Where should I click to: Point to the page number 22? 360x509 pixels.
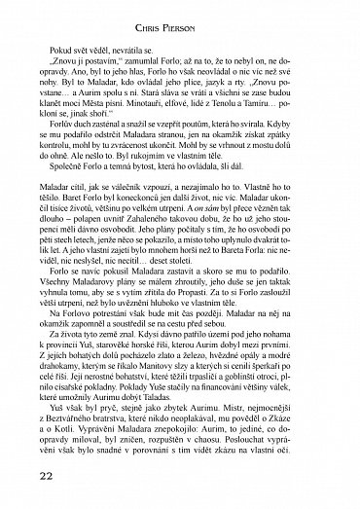26,476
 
